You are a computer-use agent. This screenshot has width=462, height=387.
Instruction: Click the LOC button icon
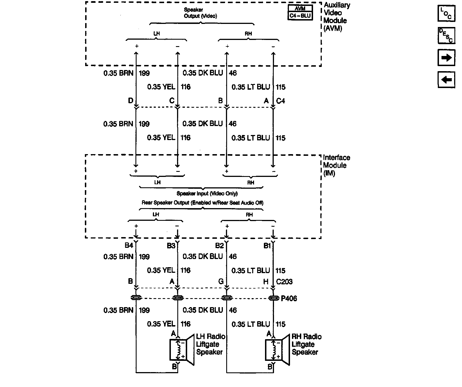point(446,13)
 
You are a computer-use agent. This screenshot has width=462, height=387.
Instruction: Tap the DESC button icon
point(446,35)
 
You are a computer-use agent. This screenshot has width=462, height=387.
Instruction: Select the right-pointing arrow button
point(446,58)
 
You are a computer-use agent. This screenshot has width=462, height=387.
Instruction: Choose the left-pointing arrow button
point(446,80)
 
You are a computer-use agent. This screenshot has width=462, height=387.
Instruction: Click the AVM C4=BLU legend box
point(300,12)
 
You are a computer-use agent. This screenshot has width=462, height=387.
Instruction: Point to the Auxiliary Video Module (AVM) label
point(336,17)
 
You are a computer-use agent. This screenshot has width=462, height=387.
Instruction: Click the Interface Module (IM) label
point(336,165)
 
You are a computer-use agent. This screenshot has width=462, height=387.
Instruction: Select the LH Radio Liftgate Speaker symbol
point(182,350)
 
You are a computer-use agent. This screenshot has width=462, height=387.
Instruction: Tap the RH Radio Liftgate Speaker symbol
point(277,350)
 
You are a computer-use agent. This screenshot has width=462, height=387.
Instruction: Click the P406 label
point(289,298)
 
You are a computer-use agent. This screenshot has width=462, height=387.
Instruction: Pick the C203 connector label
point(284,282)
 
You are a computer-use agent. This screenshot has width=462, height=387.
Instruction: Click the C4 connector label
point(280,101)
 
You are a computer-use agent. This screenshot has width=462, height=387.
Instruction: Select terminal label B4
point(129,246)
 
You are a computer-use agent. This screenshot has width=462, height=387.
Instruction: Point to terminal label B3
point(171,246)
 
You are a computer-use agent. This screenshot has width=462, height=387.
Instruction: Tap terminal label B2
point(219,246)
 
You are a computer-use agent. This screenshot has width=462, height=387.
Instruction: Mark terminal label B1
point(267,246)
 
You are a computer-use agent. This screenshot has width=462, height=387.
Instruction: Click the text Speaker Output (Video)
point(200,13)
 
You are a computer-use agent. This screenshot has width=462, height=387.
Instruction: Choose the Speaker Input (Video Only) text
point(207,193)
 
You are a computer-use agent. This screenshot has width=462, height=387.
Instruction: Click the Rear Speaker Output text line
point(202,202)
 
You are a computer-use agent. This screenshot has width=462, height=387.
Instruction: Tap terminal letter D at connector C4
point(130,101)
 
